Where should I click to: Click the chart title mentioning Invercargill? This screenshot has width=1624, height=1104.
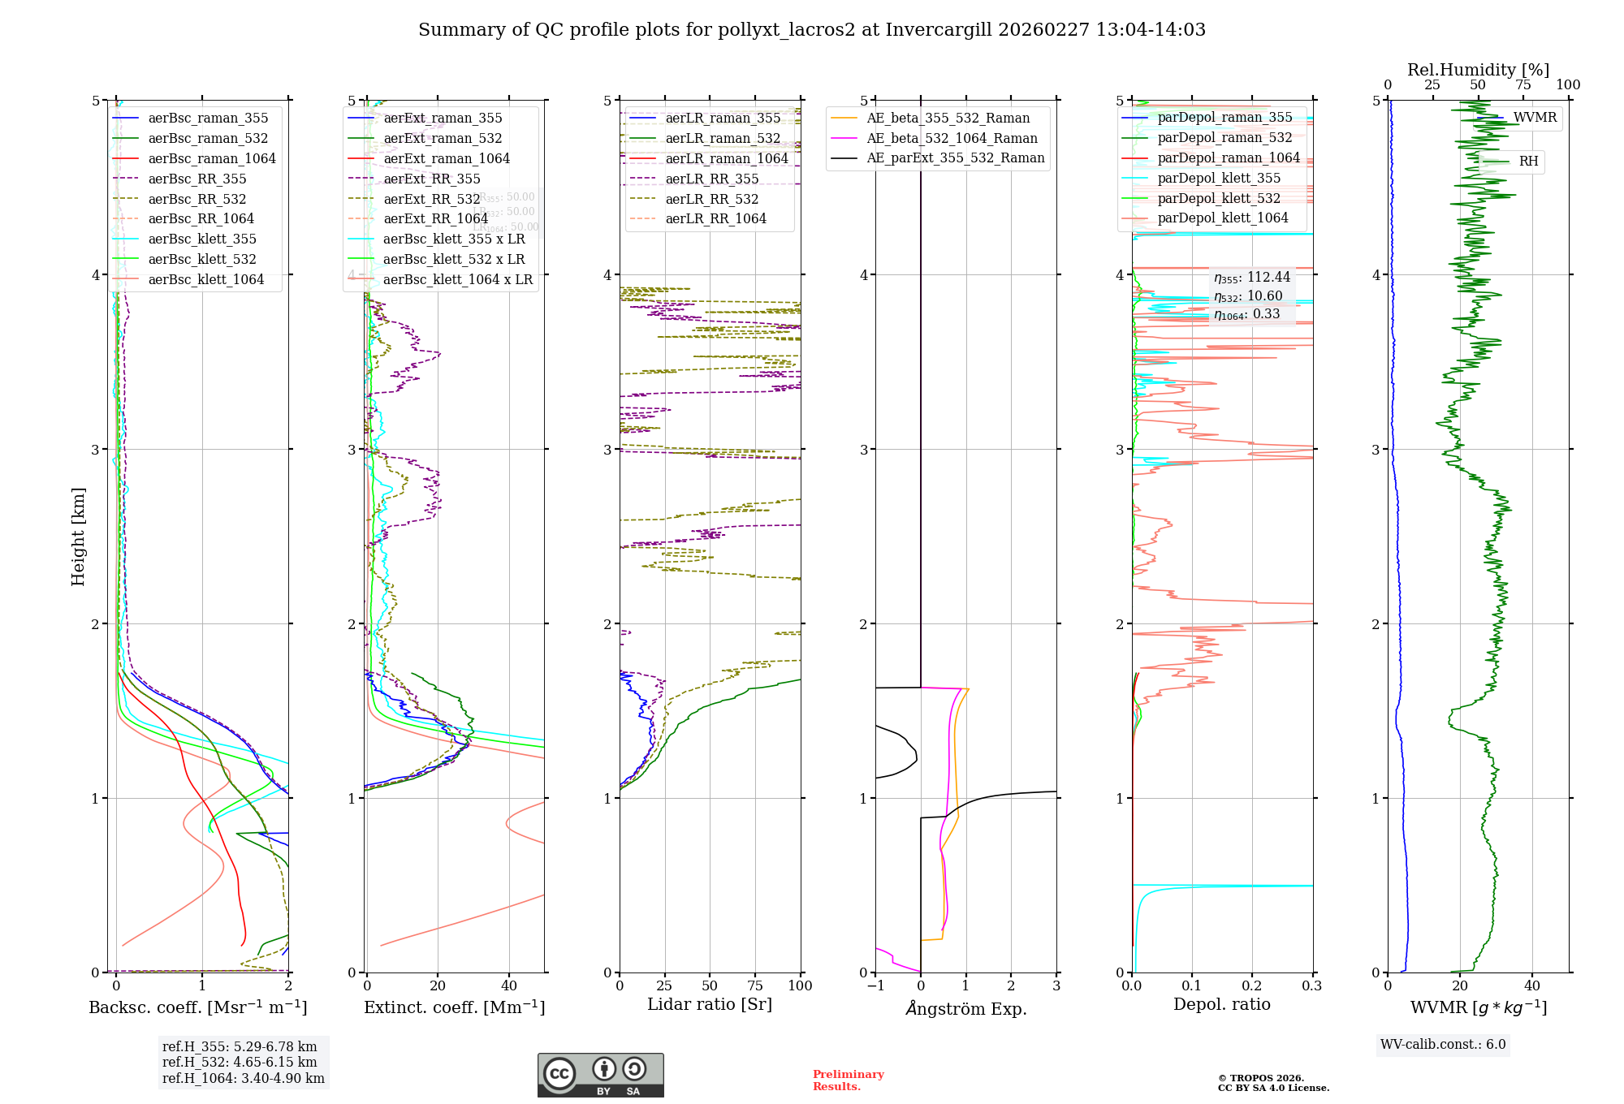[812, 30]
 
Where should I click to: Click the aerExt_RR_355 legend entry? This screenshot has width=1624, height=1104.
[431, 179]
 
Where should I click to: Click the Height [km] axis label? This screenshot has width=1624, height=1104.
[78, 537]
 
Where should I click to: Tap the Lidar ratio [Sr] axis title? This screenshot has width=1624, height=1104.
[710, 1005]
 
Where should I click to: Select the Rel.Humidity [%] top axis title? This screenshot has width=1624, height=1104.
[1478, 70]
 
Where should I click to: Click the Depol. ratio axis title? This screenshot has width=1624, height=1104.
[1221, 1005]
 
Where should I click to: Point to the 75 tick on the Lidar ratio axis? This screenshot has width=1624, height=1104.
[755, 986]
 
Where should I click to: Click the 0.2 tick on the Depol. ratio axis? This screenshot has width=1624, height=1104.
[1252, 986]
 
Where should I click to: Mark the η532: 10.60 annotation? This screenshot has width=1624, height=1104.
[1248, 296]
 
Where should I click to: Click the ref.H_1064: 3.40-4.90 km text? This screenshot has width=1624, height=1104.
[244, 1079]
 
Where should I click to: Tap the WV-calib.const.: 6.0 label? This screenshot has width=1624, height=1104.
[1443, 1045]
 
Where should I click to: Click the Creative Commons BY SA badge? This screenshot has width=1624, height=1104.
[600, 1076]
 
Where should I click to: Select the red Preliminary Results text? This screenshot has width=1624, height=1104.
[848, 1080]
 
